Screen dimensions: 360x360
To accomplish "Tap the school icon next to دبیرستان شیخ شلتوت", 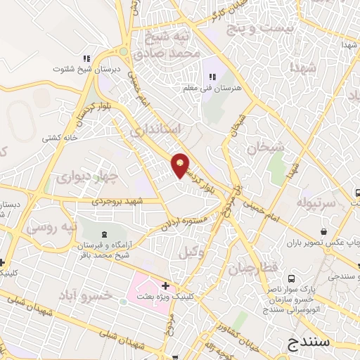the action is click(86, 59).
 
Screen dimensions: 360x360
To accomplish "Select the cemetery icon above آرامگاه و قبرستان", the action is click(105, 233).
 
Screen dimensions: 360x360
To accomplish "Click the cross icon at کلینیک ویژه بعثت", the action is click(165, 286).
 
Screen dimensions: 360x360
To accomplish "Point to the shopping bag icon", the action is click(324, 231).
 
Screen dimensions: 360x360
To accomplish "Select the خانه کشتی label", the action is click(60, 138).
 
